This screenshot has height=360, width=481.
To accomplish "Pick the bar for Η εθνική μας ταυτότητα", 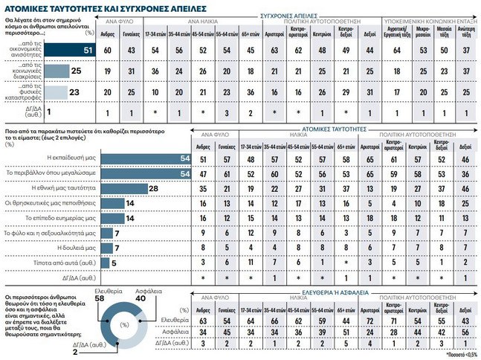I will pyautogui.click(x=123, y=190).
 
